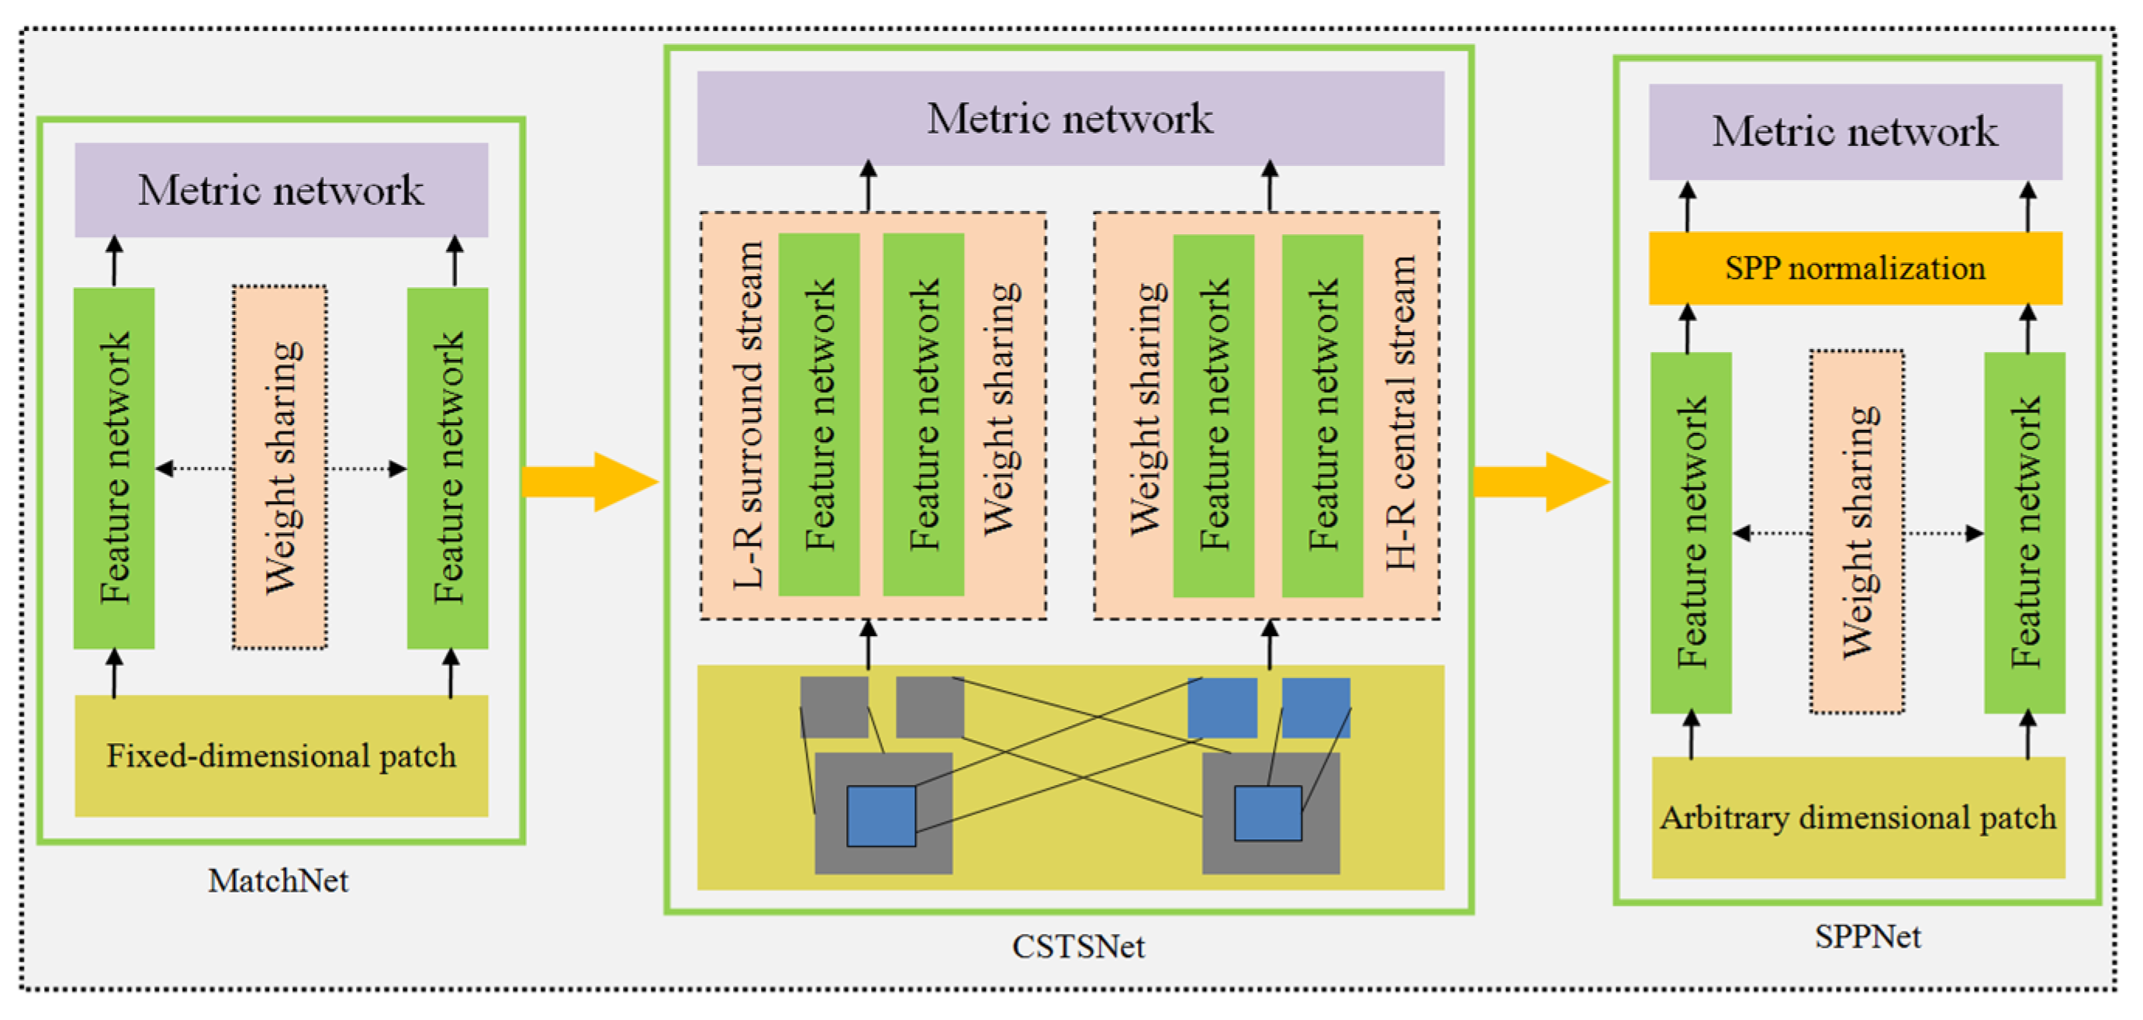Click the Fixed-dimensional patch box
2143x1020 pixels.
point(282,755)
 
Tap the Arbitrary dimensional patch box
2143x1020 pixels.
point(1857,817)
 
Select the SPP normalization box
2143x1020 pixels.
point(1855,268)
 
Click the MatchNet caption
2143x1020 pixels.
point(278,880)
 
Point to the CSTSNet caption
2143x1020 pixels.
point(1077,946)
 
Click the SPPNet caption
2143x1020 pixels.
point(1868,937)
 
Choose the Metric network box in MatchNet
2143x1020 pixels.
point(282,190)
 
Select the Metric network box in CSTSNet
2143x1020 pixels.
point(1070,118)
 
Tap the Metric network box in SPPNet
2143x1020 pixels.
point(1855,131)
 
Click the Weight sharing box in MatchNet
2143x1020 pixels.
point(280,467)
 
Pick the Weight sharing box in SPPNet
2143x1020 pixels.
point(1857,531)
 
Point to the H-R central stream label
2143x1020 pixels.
point(1401,414)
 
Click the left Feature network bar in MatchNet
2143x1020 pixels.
point(114,468)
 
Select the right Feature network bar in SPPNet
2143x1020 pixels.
point(2024,532)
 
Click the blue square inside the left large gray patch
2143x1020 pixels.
point(881,816)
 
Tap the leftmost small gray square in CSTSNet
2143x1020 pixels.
point(834,707)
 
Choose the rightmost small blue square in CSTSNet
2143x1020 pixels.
point(1315,707)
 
